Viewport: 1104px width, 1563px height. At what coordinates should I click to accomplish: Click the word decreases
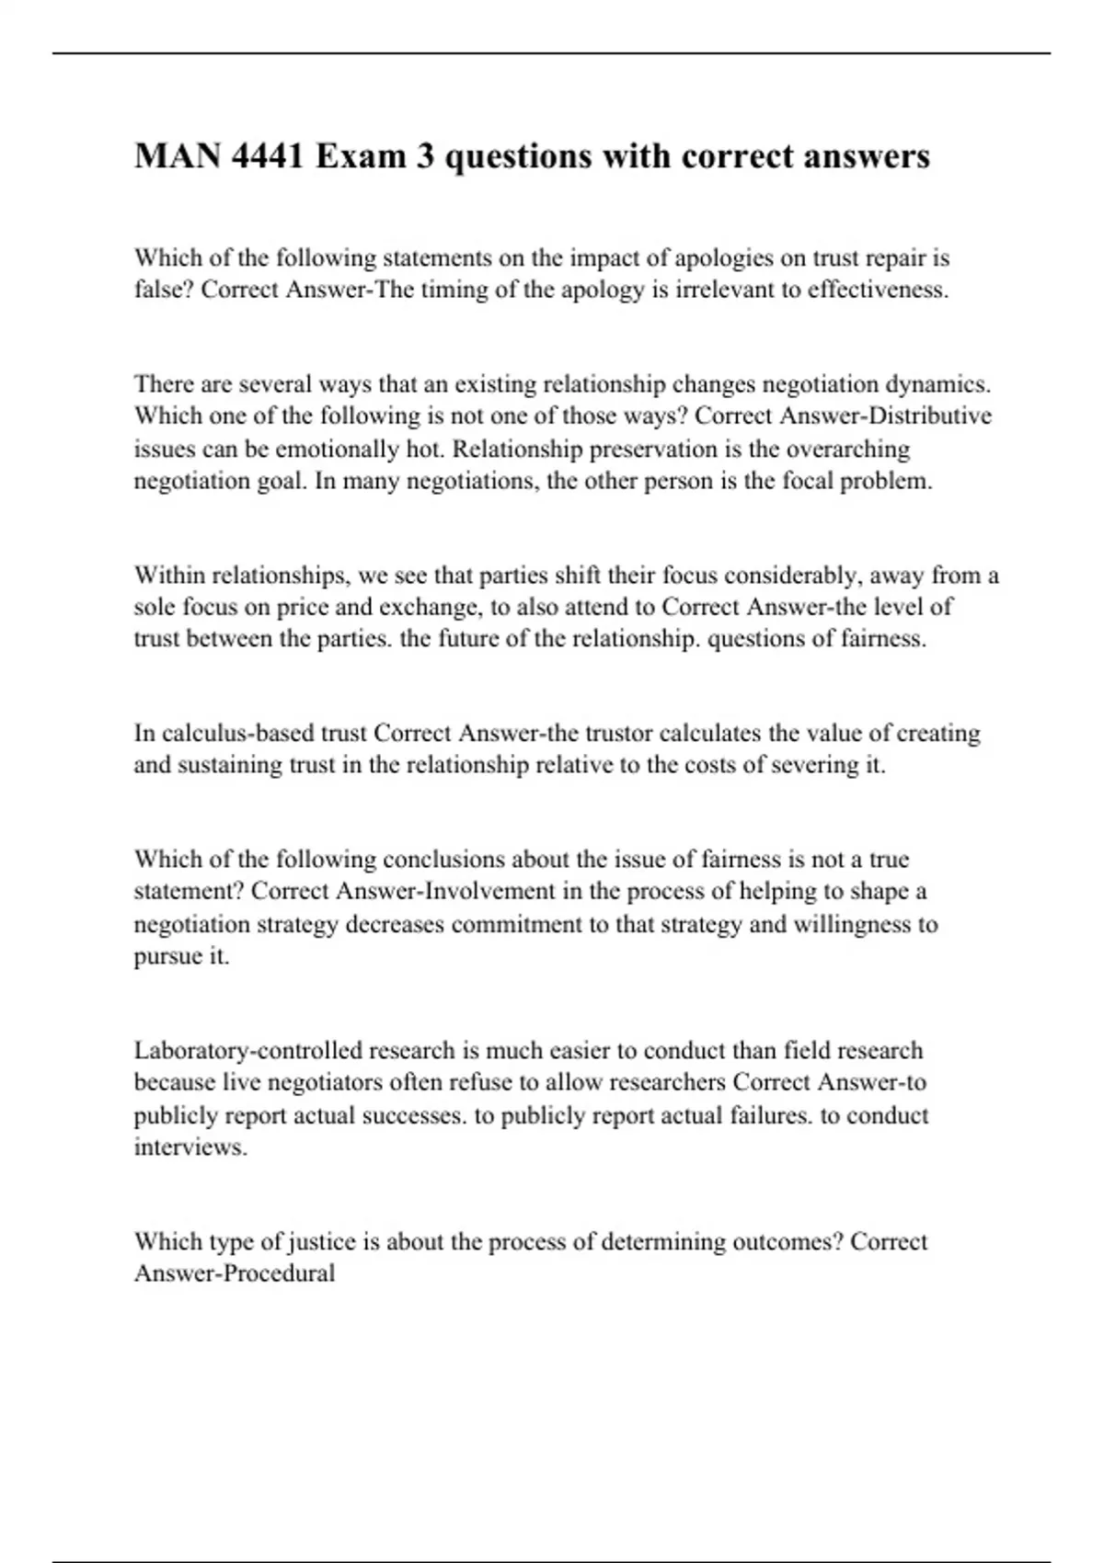(395, 924)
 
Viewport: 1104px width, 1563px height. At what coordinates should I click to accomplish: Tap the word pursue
(168, 956)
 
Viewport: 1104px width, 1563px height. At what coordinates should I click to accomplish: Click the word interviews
(190, 1147)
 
